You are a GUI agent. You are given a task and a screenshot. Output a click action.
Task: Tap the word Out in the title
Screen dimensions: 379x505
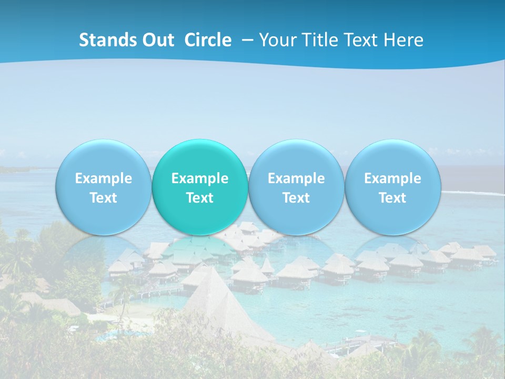[158, 40]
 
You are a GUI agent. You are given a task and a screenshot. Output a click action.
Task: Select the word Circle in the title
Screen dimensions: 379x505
[208, 40]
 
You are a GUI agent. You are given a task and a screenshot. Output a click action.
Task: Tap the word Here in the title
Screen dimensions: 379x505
[403, 40]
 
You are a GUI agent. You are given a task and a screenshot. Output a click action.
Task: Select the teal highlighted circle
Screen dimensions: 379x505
[200, 158]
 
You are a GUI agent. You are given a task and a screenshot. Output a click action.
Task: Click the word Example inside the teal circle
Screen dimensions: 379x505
[200, 178]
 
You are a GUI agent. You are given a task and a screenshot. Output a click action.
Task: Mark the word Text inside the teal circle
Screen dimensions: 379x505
[200, 198]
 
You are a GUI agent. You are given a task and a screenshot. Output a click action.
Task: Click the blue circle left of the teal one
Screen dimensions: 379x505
[103, 158]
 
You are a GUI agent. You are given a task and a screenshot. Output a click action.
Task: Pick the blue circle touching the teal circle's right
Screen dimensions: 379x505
[296, 158]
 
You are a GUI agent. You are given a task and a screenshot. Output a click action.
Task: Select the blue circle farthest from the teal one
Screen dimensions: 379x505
[392, 158]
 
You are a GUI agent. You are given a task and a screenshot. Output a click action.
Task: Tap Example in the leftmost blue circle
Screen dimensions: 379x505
[103, 178]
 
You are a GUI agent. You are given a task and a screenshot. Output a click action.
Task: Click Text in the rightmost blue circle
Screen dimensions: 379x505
[392, 198]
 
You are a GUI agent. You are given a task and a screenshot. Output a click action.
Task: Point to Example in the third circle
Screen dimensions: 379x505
[296, 178]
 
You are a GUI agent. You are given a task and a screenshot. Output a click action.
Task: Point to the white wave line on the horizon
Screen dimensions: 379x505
[473, 193]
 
